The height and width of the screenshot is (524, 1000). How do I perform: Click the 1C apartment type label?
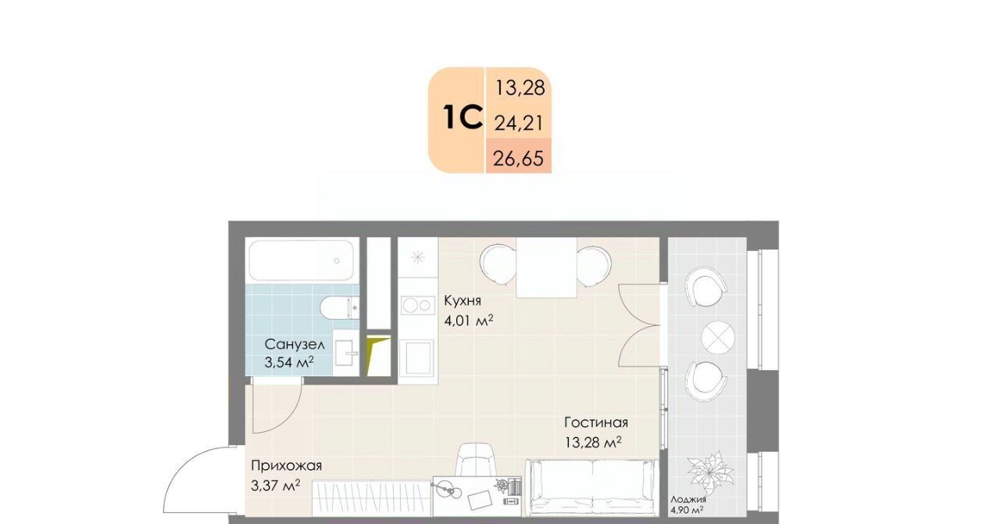[463, 117]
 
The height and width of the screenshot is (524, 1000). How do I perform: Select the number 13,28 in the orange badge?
[520, 88]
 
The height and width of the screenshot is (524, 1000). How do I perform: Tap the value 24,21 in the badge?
[519, 123]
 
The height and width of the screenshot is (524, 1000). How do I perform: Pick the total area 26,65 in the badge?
[518, 158]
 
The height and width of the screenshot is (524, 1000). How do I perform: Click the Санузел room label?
[295, 344]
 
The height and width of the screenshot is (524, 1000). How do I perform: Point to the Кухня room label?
[462, 301]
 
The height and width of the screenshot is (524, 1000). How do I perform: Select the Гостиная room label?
[596, 422]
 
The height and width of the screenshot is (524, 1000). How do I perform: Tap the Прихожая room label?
[286, 466]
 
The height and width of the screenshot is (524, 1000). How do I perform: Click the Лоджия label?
[688, 500]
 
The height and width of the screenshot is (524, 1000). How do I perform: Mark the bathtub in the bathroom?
[302, 260]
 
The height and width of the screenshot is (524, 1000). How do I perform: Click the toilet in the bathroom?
[339, 307]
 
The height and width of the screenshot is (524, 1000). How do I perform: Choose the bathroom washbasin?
[346, 353]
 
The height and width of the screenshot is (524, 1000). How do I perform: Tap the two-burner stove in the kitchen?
[418, 305]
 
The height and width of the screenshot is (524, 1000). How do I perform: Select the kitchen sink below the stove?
[416, 357]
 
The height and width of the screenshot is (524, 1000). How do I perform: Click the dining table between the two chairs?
[546, 267]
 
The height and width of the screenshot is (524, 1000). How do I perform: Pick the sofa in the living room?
[592, 487]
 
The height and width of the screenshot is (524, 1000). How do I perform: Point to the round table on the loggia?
[717, 337]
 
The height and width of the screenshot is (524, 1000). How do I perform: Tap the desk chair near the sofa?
[477, 460]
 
